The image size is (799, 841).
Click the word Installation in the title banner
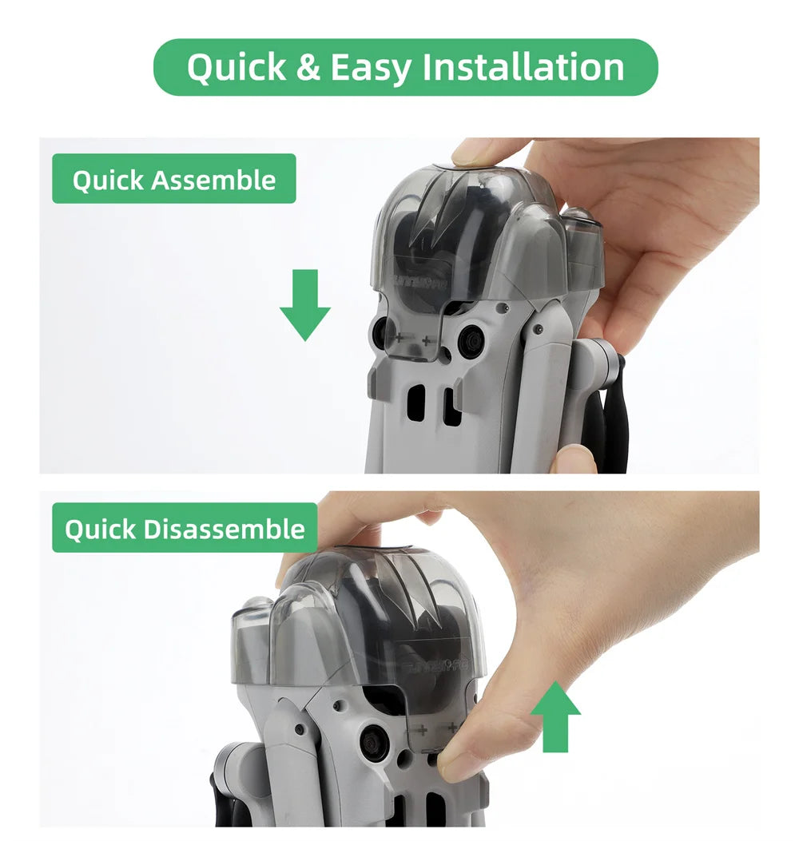click(523, 67)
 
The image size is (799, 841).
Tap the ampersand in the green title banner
click(308, 68)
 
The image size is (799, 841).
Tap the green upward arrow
click(555, 717)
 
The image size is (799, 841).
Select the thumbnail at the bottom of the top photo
click(573, 460)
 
